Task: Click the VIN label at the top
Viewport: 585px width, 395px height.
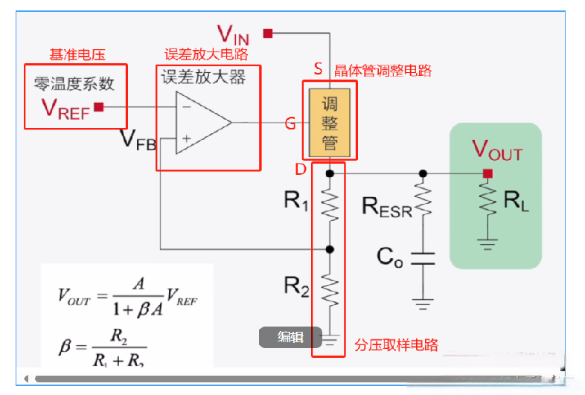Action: click(x=233, y=33)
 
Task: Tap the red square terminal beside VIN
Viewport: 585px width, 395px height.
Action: click(x=268, y=33)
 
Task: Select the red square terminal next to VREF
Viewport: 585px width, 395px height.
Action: click(x=99, y=107)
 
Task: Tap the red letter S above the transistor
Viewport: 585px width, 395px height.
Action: click(x=318, y=69)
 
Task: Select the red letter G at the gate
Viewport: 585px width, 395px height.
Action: click(x=290, y=123)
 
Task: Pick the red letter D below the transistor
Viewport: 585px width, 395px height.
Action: click(x=300, y=170)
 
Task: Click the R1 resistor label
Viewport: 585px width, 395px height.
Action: click(x=295, y=201)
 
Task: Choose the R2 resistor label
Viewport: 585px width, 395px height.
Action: click(x=295, y=286)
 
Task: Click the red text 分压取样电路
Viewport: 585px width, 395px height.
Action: click(x=396, y=345)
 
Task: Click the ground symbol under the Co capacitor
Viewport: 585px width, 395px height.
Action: click(x=423, y=303)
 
